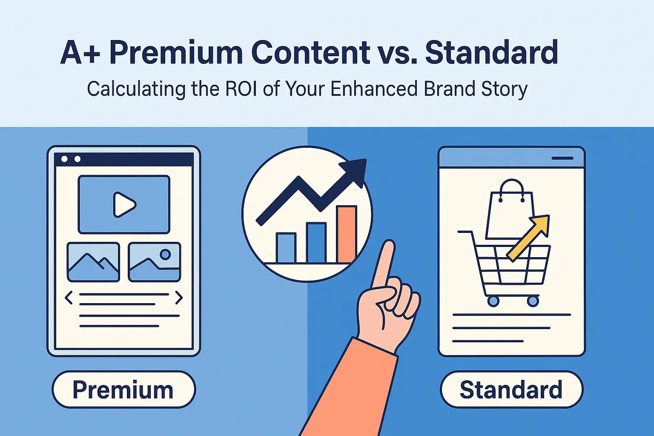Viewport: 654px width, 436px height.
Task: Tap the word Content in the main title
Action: [x=310, y=53]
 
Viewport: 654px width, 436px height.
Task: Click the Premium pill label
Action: [x=123, y=390]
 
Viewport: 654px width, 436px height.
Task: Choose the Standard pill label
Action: [x=511, y=390]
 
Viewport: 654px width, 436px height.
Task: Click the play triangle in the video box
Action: [x=124, y=204]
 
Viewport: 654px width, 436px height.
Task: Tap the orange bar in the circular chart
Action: [x=347, y=234]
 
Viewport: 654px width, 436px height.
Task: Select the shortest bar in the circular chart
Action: [x=286, y=248]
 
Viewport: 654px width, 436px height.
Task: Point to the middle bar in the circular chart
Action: [x=316, y=243]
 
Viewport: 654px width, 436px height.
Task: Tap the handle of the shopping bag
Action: [x=511, y=189]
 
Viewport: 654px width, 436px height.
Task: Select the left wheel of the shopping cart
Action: [x=493, y=301]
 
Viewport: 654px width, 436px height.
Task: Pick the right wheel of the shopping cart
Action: [x=533, y=301]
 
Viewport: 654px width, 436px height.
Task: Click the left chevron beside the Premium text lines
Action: [x=68, y=298]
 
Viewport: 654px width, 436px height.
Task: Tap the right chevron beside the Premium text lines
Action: [x=179, y=298]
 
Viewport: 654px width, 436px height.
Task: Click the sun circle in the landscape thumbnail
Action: [x=165, y=254]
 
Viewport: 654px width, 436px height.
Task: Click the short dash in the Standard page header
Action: [x=562, y=158]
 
